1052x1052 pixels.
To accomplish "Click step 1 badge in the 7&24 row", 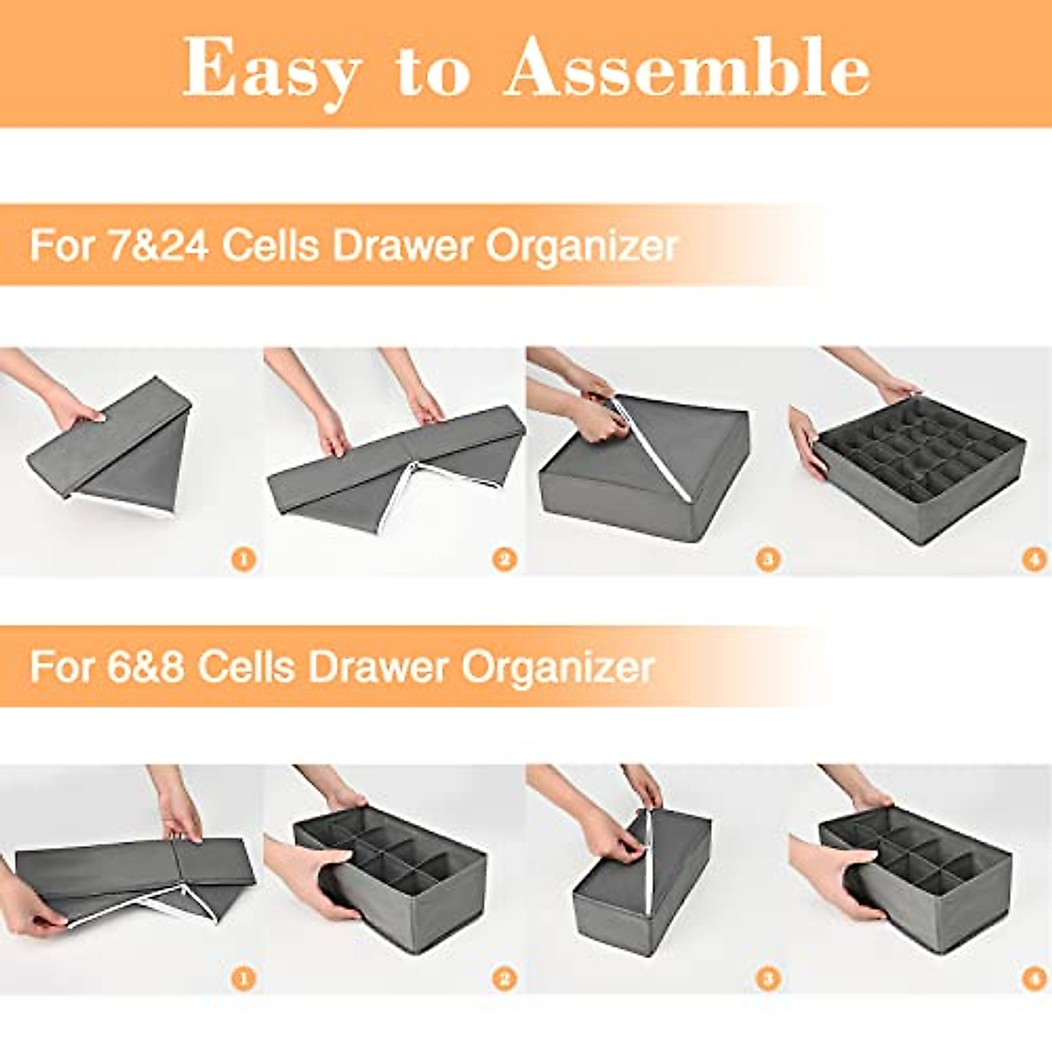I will (x=244, y=558).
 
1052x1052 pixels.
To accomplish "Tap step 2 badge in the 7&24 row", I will (x=504, y=558).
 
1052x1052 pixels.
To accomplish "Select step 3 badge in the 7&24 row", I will (x=768, y=558).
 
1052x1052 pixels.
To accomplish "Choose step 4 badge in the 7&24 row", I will (x=1034, y=558).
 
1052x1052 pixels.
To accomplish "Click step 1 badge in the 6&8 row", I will (x=244, y=977).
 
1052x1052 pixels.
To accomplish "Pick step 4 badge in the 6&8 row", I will (x=1034, y=977).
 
